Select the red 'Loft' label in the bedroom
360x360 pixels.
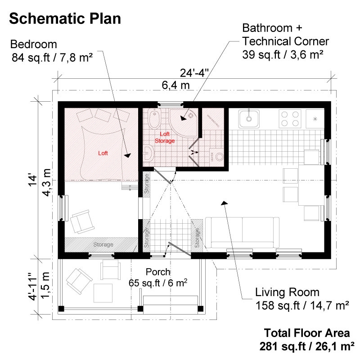[103, 153]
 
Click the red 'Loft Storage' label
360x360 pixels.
[164, 138]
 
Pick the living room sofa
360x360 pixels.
[242, 232]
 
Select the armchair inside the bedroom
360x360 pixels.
[81, 222]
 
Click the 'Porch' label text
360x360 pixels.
[158, 272]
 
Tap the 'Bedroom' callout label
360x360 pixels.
[33, 45]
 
